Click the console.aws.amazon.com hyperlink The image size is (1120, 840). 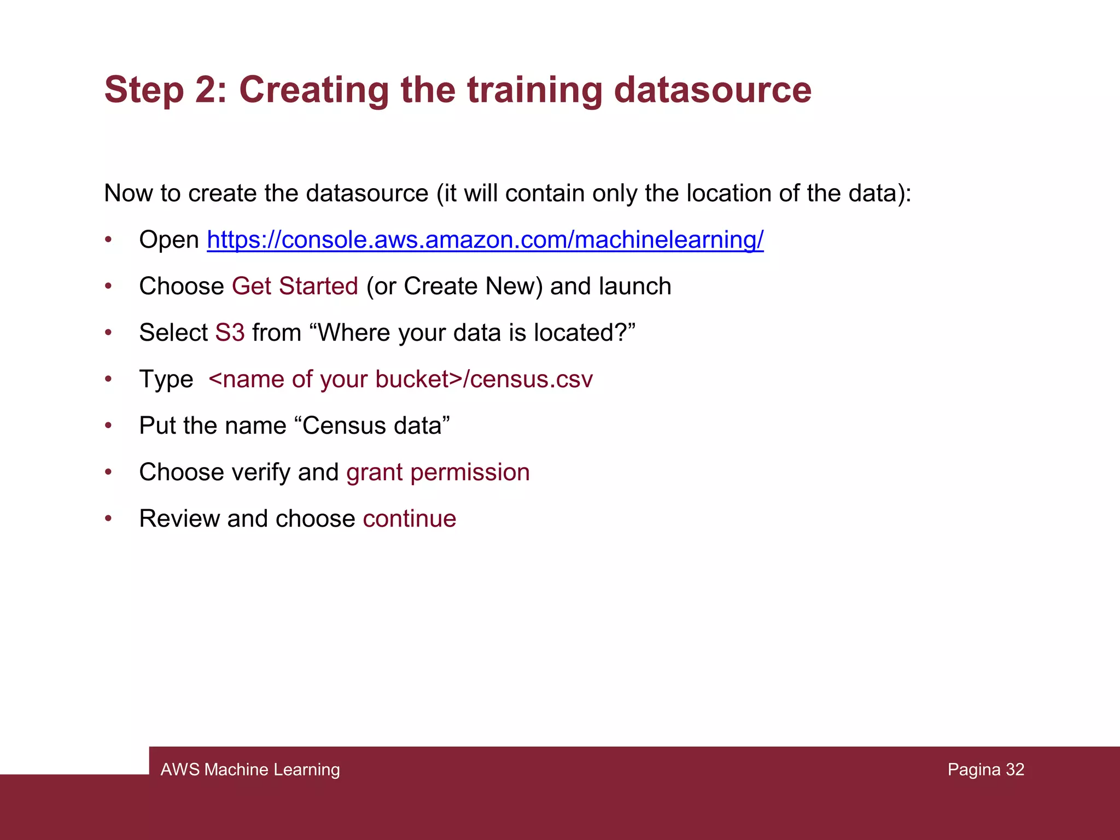485,240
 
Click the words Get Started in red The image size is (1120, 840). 295,287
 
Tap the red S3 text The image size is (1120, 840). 230,333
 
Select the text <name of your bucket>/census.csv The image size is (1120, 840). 400,380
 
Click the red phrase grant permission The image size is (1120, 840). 438,472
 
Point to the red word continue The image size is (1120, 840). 410,519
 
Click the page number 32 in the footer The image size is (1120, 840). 1015,769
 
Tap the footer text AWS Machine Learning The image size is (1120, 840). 250,769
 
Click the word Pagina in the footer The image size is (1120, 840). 974,769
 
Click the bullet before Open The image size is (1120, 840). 108,240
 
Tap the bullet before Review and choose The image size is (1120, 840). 108,519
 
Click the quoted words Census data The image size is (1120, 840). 376,426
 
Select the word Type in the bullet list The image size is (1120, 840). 166,380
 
